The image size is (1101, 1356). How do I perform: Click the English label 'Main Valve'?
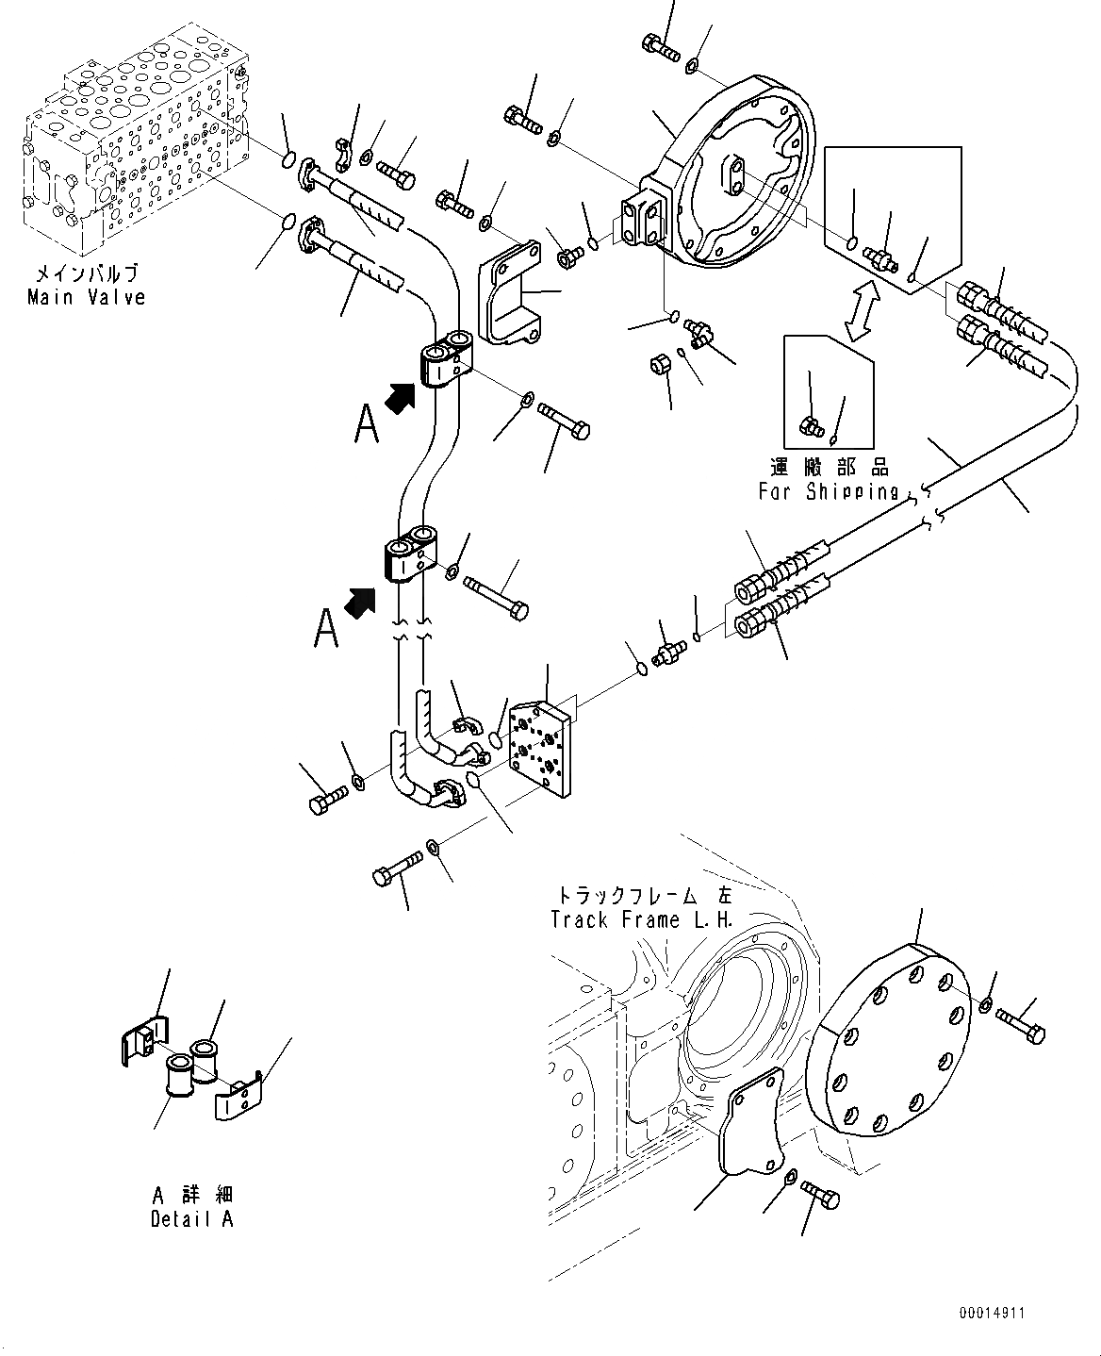click(87, 298)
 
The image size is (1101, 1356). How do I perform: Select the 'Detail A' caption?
click(192, 1218)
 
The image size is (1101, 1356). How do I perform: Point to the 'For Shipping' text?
click(829, 491)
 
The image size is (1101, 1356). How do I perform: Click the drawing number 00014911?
click(992, 1313)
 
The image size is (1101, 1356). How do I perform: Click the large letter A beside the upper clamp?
click(367, 423)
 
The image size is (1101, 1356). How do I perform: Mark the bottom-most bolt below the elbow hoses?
click(397, 868)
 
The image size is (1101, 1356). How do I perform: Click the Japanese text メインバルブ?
click(87, 275)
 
